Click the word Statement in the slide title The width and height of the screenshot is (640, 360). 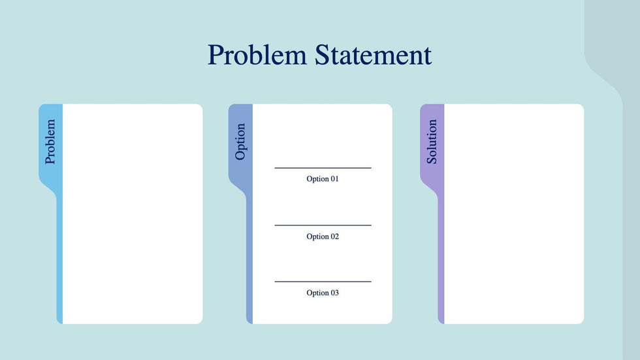tap(373, 55)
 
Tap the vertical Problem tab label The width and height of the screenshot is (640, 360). tap(50, 142)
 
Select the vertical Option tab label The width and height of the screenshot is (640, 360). tap(240, 142)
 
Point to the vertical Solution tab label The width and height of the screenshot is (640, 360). tap(432, 142)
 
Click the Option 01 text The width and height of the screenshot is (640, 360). tap(323, 179)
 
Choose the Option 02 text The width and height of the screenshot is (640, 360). tap(323, 237)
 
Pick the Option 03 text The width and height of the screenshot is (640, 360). tap(323, 293)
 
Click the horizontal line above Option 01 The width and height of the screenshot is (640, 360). tap(323, 168)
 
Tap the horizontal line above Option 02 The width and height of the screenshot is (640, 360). tap(323, 225)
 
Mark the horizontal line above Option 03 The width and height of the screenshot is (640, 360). tap(323, 281)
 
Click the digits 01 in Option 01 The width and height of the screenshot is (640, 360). tap(334, 179)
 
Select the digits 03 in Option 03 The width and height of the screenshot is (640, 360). tap(334, 293)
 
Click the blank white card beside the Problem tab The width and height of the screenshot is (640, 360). tap(133, 214)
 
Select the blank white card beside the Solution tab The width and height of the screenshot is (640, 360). tap(514, 214)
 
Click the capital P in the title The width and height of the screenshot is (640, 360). tap(216, 55)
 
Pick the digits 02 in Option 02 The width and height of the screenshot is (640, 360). tap(334, 237)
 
